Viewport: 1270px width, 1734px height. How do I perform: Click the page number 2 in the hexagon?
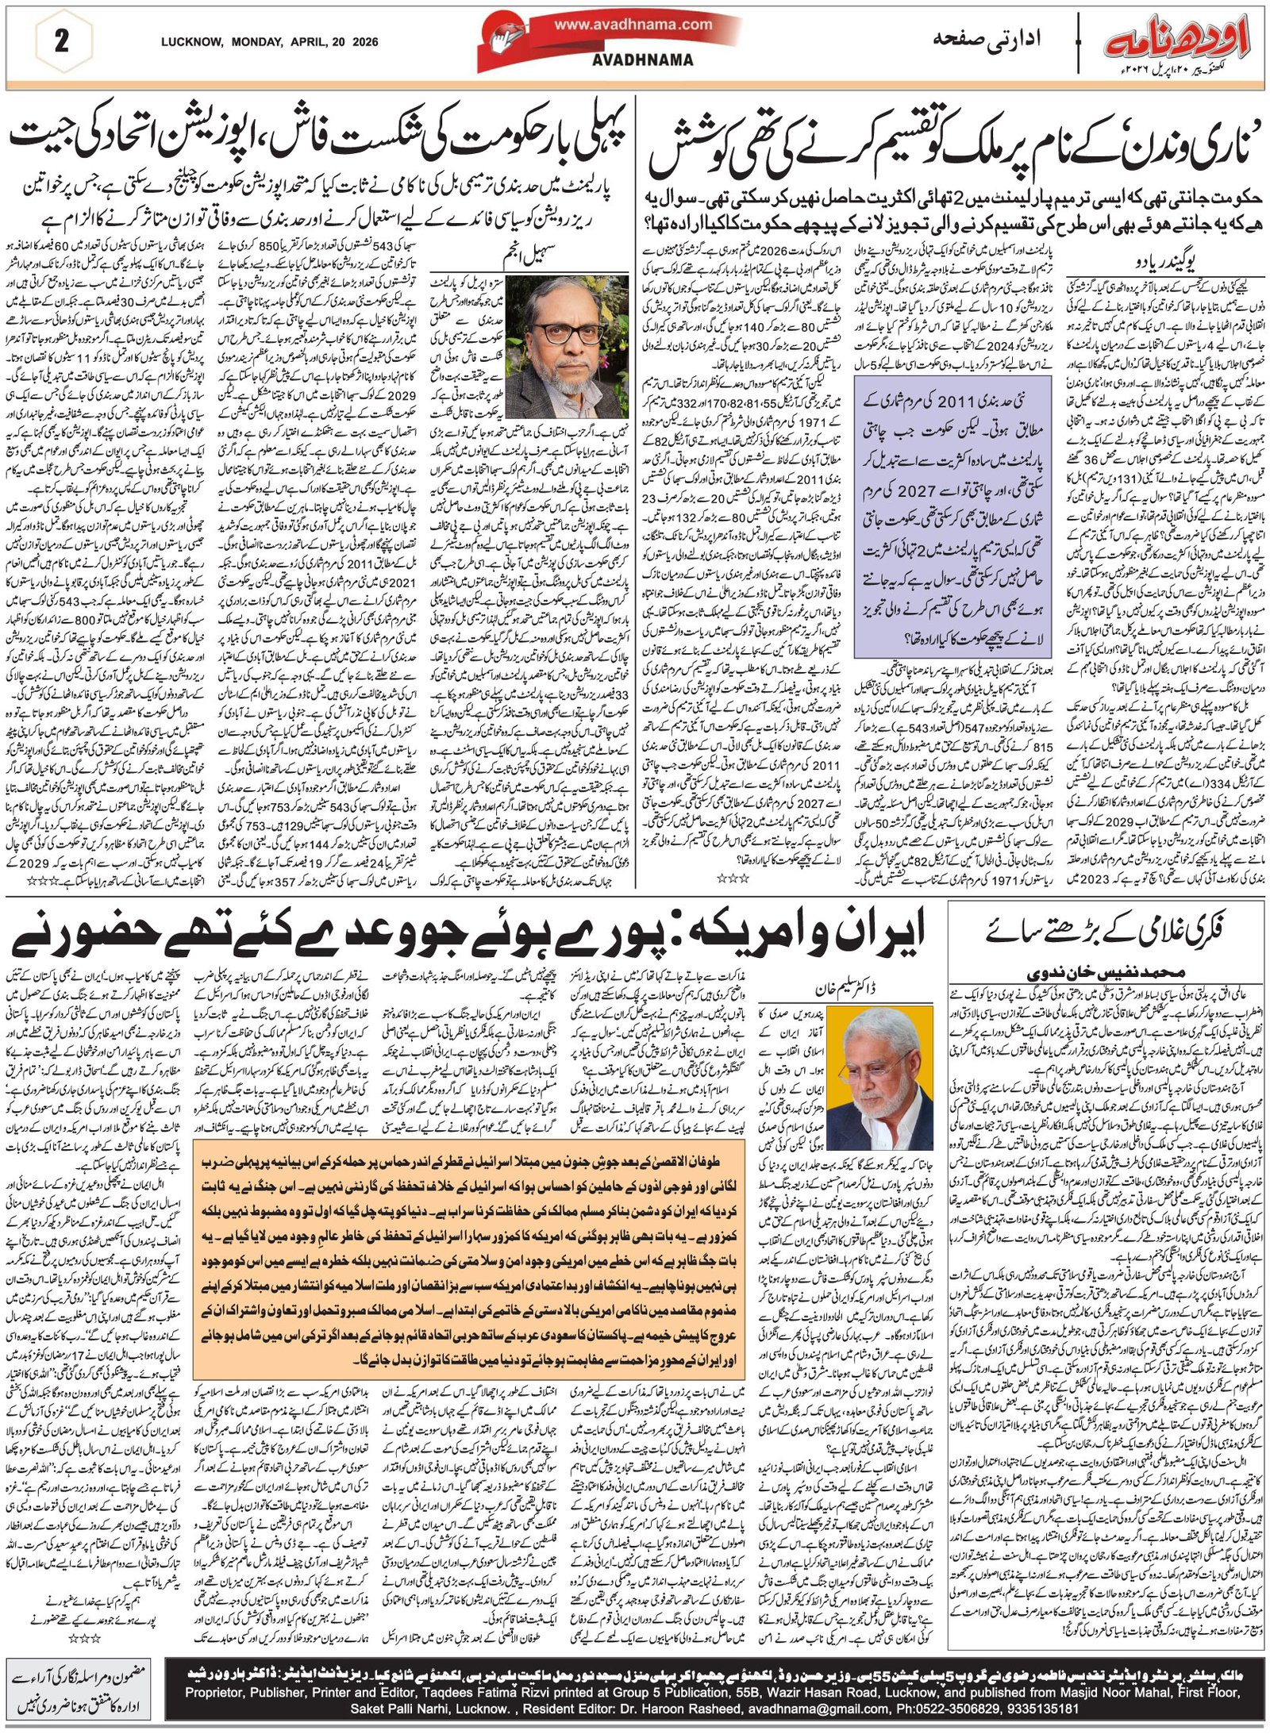pos(61,41)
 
